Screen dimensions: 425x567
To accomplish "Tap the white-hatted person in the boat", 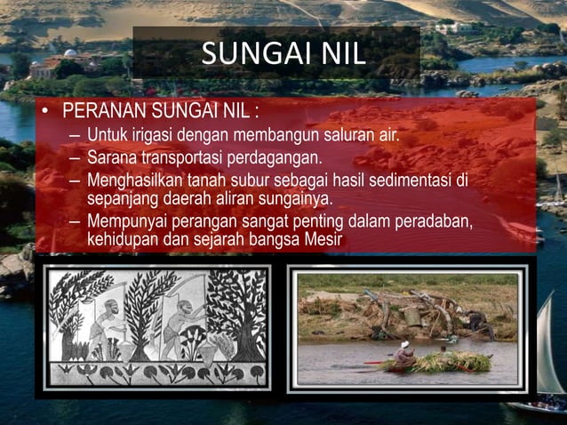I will pos(405,350).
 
